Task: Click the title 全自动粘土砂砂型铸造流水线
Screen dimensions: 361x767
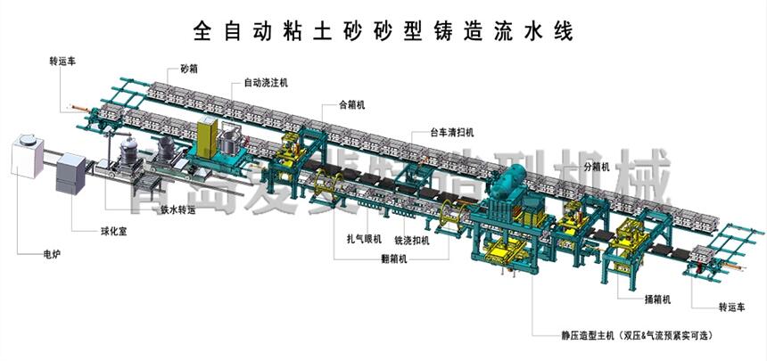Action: (x=383, y=31)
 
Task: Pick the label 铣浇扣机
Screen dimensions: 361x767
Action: (x=411, y=240)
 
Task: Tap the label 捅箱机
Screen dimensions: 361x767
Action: (x=656, y=299)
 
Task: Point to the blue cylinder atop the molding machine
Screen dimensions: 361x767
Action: (x=515, y=187)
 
